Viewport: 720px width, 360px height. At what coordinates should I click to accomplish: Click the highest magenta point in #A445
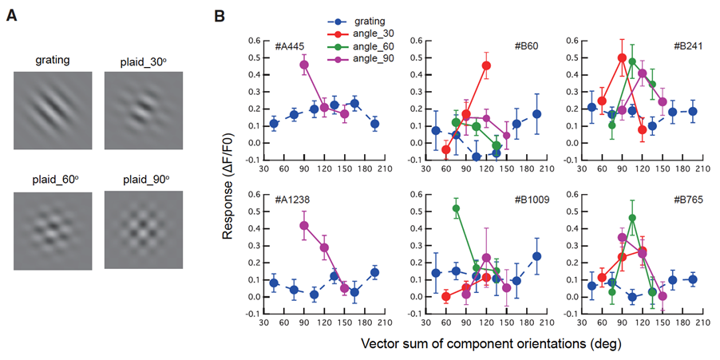(303, 65)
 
